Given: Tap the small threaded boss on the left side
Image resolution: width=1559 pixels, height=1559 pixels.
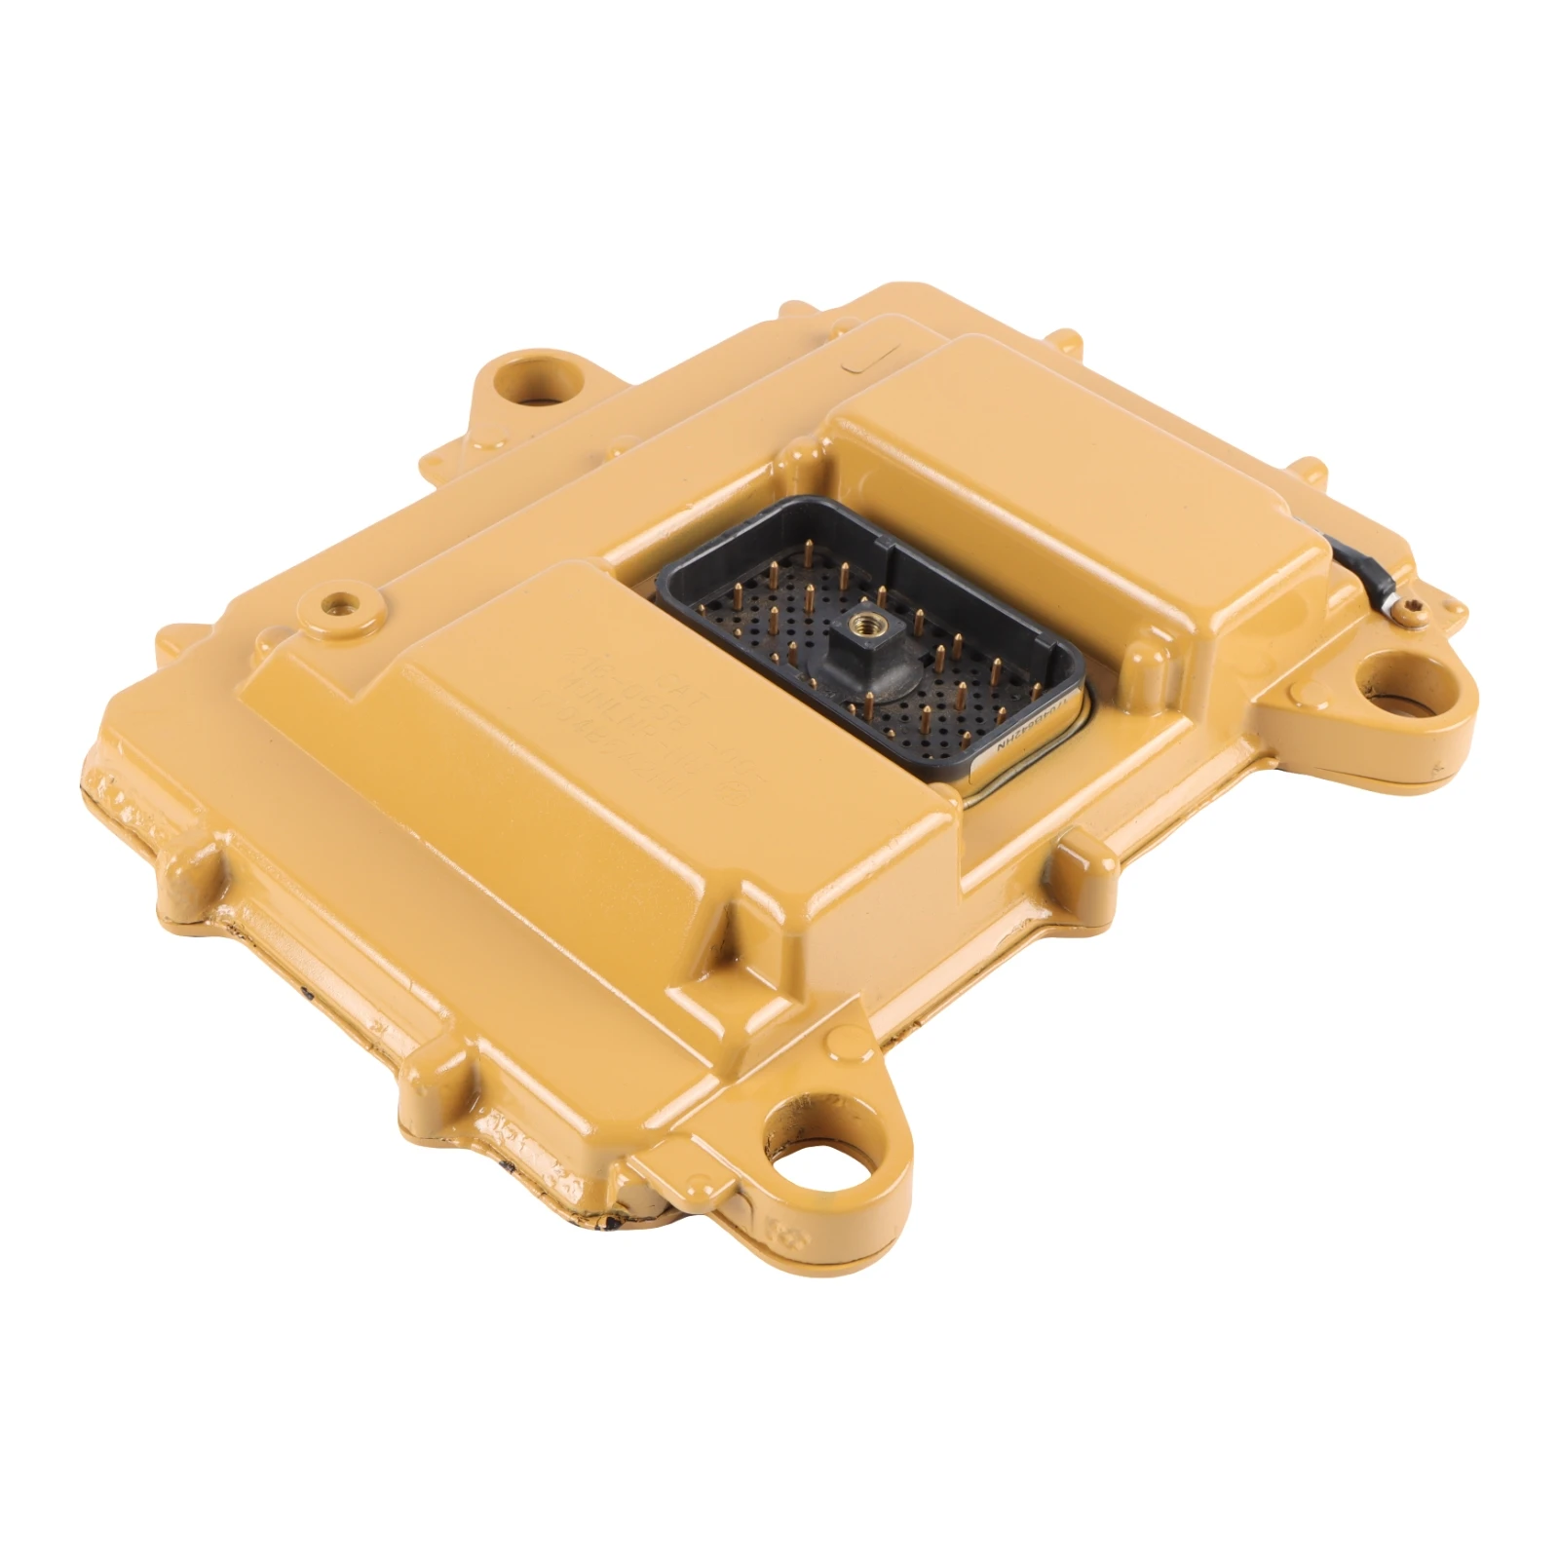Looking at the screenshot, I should coord(342,604).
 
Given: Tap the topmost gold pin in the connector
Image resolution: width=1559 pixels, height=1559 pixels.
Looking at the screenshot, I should coord(812,545).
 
